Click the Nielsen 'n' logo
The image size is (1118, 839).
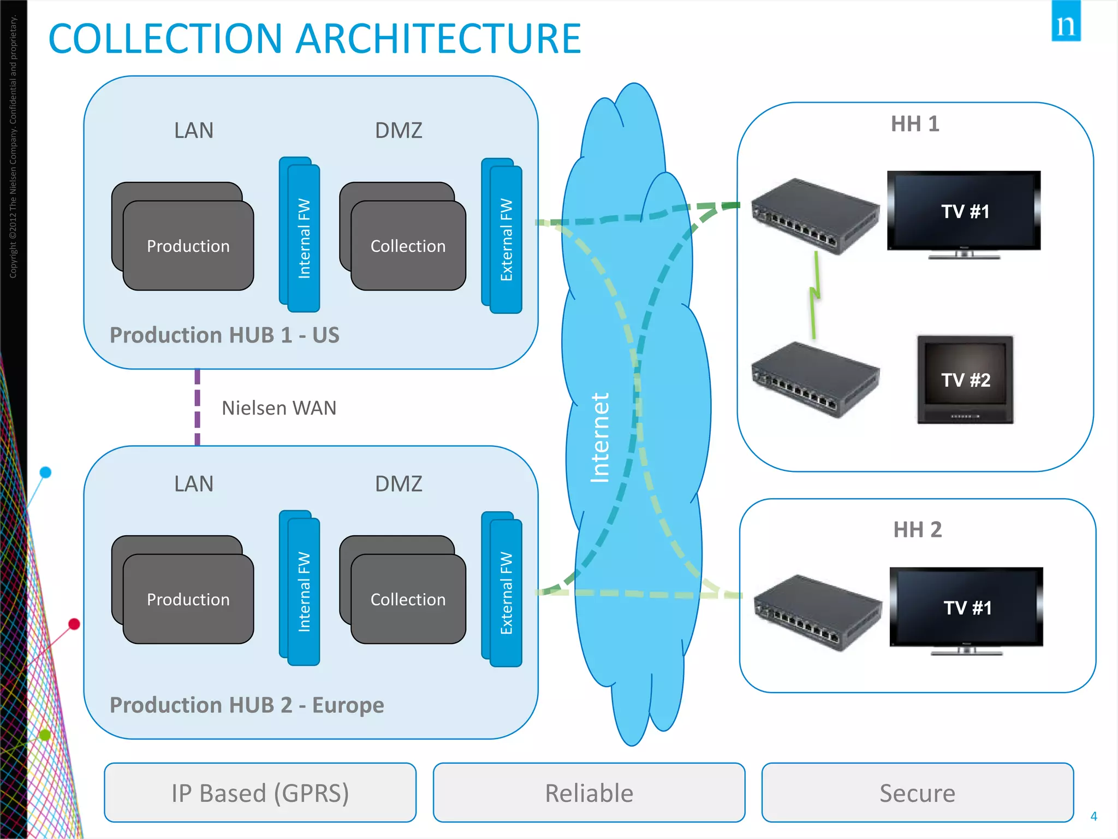tap(1066, 22)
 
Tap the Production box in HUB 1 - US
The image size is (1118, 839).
tap(188, 246)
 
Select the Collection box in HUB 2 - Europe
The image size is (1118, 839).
tap(408, 599)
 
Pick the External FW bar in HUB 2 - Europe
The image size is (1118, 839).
tap(506, 593)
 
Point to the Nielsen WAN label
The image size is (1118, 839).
tap(279, 408)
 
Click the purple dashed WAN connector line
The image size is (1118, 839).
tap(197, 407)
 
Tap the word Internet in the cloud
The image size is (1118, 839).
tap(599, 437)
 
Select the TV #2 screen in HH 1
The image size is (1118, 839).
tap(965, 379)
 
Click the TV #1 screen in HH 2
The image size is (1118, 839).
tap(966, 607)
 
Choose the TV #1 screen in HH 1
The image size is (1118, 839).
tap(964, 211)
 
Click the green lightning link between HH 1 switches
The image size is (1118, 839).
tap(814, 295)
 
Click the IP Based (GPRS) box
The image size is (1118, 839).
tap(260, 793)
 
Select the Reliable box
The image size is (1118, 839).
tap(589, 793)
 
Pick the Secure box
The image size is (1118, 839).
tap(917, 793)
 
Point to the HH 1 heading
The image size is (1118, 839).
tap(915, 124)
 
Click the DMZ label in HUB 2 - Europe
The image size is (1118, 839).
tap(399, 484)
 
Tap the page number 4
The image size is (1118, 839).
tap(1093, 816)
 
